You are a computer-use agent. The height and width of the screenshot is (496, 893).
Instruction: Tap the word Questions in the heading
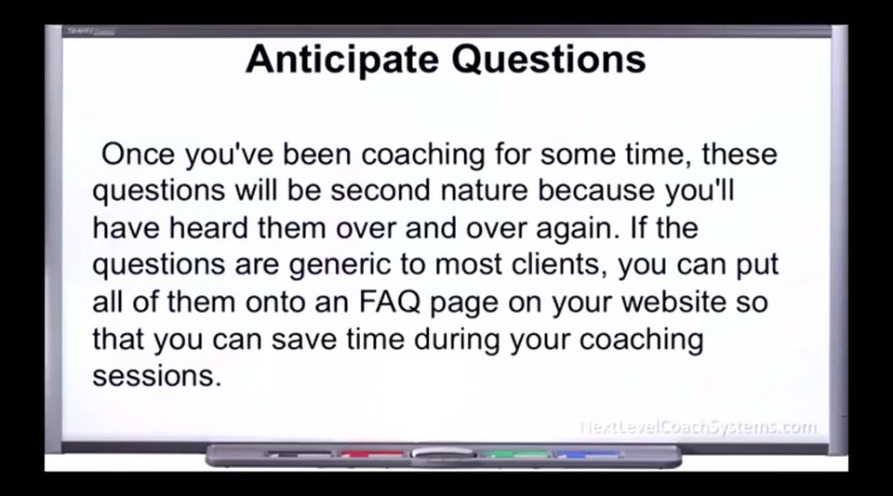(x=549, y=60)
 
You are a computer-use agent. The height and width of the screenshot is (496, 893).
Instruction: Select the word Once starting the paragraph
(x=138, y=154)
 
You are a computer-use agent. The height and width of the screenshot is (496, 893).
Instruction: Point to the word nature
(x=484, y=192)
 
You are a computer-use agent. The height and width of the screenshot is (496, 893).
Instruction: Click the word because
(x=595, y=190)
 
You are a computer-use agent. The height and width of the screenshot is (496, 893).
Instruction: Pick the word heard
(x=207, y=228)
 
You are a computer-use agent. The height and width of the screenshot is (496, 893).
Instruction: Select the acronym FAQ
(x=390, y=302)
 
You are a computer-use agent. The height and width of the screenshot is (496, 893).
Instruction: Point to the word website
(x=673, y=302)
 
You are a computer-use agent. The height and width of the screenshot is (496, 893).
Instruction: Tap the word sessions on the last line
(x=156, y=376)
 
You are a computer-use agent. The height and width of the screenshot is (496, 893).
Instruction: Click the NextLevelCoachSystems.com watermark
(x=699, y=427)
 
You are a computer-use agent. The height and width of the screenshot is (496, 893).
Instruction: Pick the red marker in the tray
(x=372, y=454)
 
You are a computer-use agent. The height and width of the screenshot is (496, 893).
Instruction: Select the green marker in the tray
(x=514, y=454)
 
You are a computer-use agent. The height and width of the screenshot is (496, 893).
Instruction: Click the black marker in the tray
(x=299, y=454)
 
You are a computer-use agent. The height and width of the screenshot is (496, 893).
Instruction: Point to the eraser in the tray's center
(x=443, y=453)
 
